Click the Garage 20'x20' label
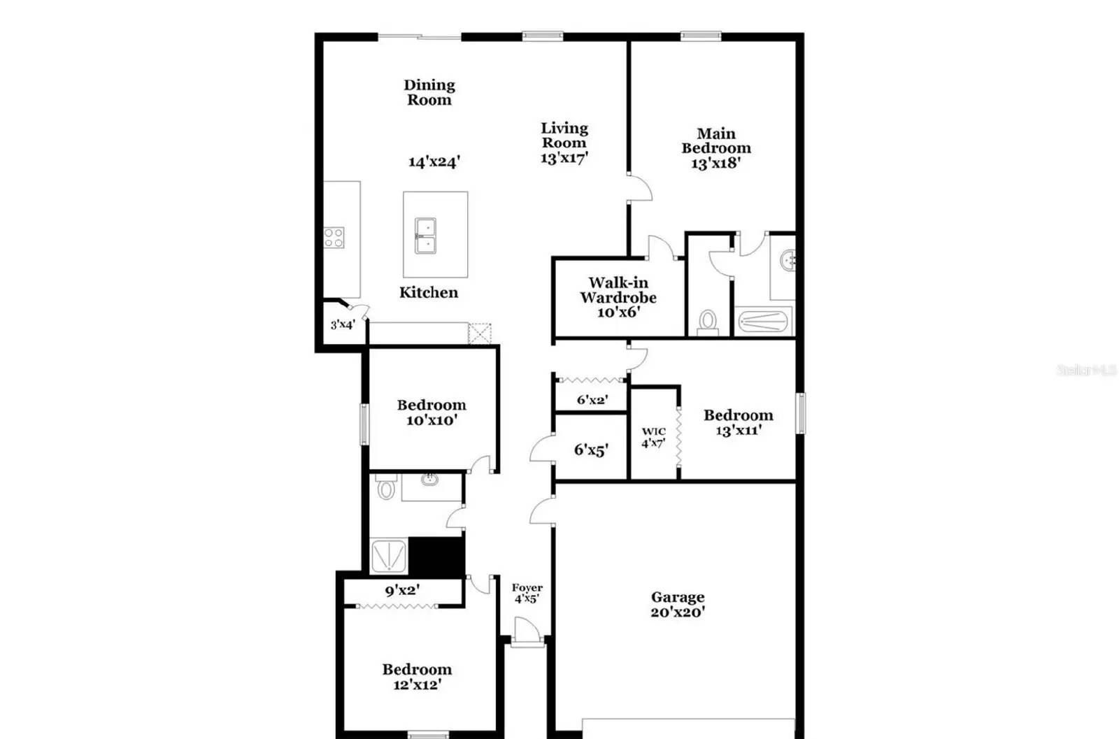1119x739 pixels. (677, 605)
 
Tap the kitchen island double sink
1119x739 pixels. (425, 235)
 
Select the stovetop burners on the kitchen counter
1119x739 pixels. (334, 238)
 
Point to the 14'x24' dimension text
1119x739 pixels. (434, 162)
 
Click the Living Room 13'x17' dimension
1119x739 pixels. (564, 158)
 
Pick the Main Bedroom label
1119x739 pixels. (715, 141)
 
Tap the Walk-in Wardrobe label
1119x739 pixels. (618, 290)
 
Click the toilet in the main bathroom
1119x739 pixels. (708, 322)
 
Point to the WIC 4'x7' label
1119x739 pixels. (653, 437)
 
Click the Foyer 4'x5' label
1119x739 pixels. (527, 593)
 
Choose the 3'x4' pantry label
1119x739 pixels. (343, 324)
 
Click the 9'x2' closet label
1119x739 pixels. (402, 590)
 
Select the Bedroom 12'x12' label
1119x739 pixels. (417, 677)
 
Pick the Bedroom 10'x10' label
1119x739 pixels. (432, 412)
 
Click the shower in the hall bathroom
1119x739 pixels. (388, 557)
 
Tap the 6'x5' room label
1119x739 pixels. (591, 450)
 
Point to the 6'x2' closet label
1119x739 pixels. (592, 400)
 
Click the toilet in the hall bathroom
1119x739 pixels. (385, 487)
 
